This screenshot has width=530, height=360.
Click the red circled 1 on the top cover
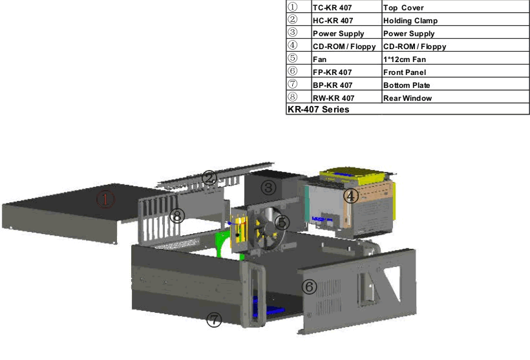coord(105,199)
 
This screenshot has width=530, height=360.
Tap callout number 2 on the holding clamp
coord(209,178)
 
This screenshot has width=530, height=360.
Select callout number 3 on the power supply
coord(268,187)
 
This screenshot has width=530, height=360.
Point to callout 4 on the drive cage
coord(351,196)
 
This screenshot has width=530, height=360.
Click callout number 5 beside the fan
coord(282,222)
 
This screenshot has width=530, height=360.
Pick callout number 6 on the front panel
coord(309,287)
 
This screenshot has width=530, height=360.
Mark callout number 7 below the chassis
coord(214,319)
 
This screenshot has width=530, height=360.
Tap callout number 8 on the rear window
coord(177,215)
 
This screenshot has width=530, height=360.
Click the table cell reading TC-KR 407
coord(347,6)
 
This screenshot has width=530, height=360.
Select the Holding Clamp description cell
coord(456,19)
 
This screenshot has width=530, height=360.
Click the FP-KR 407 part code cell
coord(347,71)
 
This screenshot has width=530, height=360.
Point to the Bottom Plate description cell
coord(456,84)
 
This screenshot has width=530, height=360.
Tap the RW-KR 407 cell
coord(347,97)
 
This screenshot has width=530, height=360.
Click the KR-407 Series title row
coord(408,109)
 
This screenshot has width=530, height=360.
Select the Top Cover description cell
coord(456,6)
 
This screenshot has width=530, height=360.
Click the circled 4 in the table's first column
coord(292,45)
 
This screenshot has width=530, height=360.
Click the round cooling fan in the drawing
coord(269,228)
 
